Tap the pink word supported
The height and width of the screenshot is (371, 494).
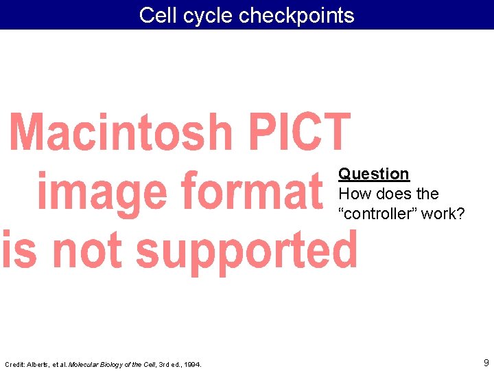click(x=247, y=251)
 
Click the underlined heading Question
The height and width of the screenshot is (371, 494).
click(x=374, y=174)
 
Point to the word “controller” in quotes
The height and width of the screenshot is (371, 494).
click(x=377, y=214)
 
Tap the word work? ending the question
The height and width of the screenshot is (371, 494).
click(x=443, y=214)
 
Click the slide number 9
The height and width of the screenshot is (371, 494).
click(x=486, y=362)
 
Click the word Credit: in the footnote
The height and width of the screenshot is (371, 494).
click(x=14, y=364)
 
